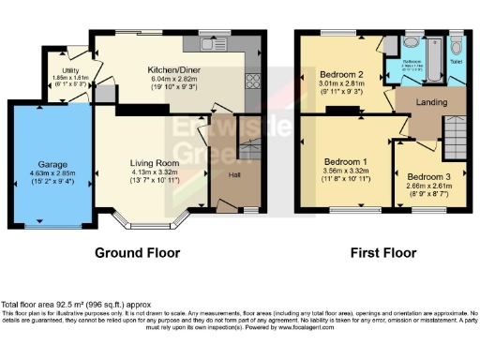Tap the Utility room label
point(70,70)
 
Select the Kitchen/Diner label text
point(173,69)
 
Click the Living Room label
point(153,162)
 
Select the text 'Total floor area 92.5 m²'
point(47,305)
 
